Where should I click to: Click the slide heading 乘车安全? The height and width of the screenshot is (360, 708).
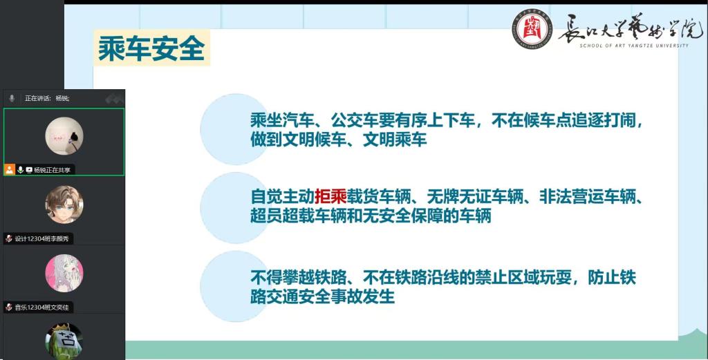[x=151, y=48]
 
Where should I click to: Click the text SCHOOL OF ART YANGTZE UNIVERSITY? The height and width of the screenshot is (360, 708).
[x=635, y=46]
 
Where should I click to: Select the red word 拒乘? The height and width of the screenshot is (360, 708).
[x=330, y=197]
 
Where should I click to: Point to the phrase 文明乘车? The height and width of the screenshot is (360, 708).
[x=395, y=140]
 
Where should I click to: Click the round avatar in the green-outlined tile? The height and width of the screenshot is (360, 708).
[x=64, y=136]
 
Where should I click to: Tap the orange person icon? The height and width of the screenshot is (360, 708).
[x=10, y=169]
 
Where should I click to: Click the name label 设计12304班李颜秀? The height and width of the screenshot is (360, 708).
[x=42, y=238]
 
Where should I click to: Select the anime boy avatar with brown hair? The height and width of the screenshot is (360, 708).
[x=64, y=205]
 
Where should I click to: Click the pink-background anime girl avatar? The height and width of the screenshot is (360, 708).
[x=64, y=273]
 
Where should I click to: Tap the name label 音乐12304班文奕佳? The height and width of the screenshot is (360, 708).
[x=42, y=307]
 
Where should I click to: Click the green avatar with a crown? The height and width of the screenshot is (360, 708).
[x=64, y=341]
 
